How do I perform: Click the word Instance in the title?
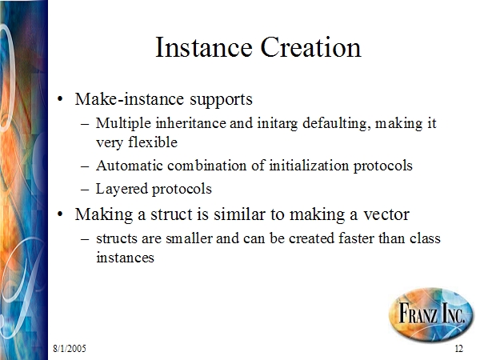(204, 47)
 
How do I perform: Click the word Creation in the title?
(310, 47)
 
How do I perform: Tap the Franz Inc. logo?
(431, 314)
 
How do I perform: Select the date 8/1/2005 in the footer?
(70, 348)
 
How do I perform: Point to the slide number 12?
(459, 348)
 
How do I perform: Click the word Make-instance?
(130, 99)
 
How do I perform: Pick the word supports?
(221, 100)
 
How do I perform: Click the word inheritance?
(190, 123)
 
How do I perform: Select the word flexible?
(153, 142)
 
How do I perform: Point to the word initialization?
(309, 166)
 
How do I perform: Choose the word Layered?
(122, 190)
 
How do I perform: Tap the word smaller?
(189, 238)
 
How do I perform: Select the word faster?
(356, 238)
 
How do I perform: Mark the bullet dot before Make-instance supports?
(60, 99)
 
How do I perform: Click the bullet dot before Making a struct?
(60, 214)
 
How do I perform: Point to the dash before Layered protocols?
(85, 190)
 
